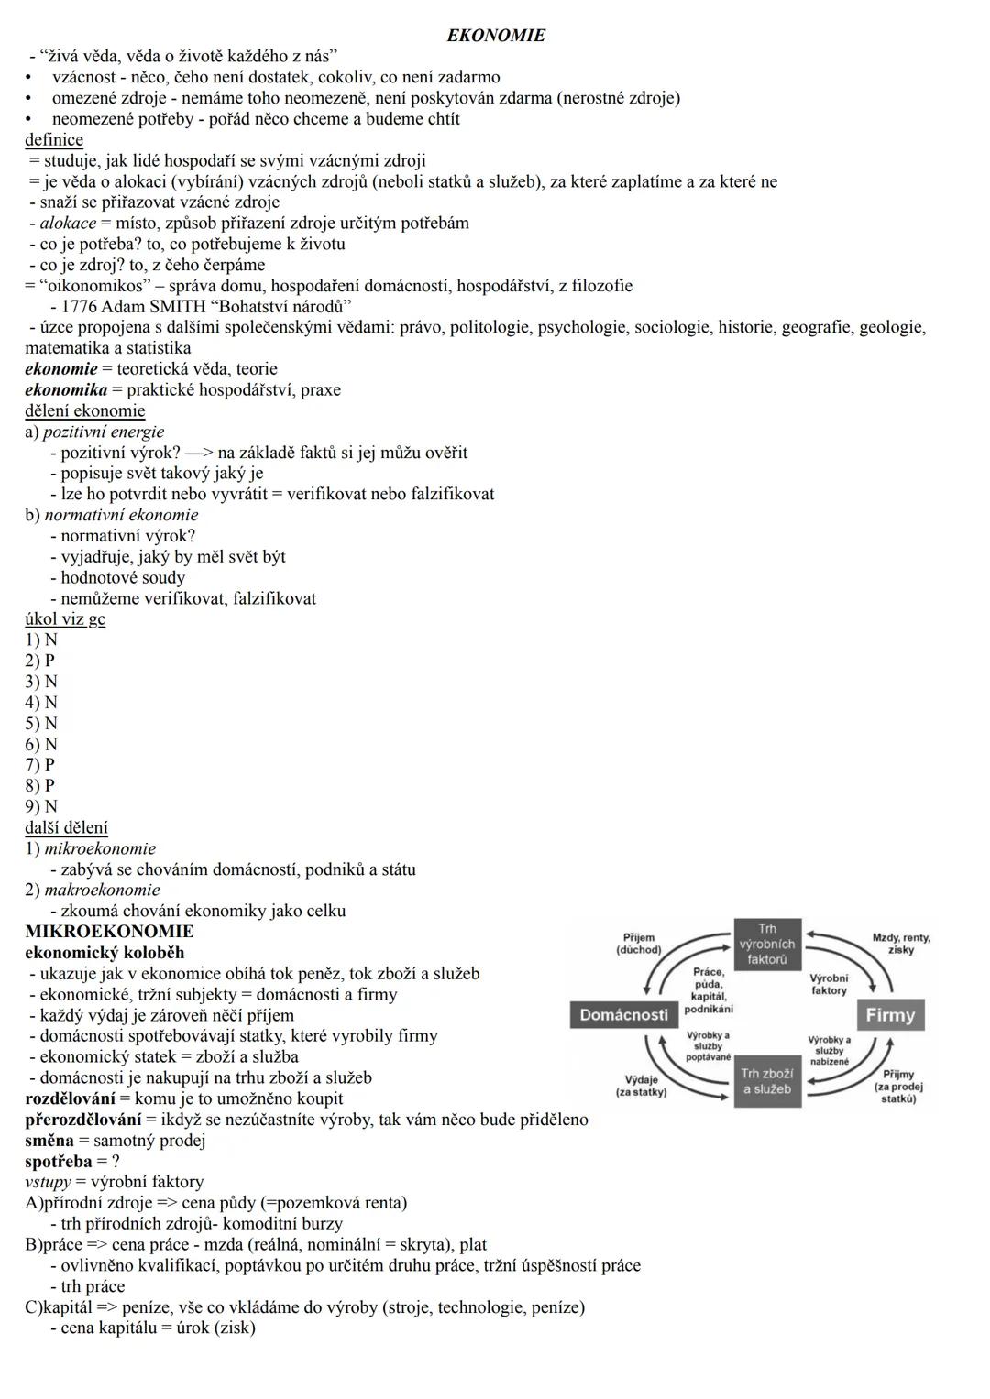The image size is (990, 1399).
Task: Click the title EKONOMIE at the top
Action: [x=495, y=36]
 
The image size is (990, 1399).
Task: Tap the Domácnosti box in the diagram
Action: [x=623, y=1015]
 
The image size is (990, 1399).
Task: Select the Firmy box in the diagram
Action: [x=890, y=1015]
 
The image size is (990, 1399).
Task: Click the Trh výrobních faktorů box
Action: [x=767, y=945]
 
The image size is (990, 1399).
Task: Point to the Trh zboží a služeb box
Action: [x=767, y=1081]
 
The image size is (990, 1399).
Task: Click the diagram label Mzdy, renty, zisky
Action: [x=900, y=944]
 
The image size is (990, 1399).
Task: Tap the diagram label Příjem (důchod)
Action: [x=638, y=944]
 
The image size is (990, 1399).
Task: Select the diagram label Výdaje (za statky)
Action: [x=641, y=1086]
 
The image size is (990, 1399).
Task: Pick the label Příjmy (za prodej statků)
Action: [x=898, y=1086]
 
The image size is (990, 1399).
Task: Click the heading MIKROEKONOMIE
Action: [x=109, y=932]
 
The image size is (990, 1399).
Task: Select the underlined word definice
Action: [x=54, y=140]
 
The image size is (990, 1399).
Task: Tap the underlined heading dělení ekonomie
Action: [x=84, y=410]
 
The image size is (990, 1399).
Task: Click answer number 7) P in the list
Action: [x=39, y=764]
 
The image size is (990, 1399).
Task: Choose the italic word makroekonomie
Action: [x=102, y=890]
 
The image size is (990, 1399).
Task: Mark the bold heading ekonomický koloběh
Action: [x=104, y=953]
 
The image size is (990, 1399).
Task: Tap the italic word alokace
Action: [x=68, y=224]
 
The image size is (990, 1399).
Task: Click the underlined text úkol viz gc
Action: [x=65, y=619]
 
